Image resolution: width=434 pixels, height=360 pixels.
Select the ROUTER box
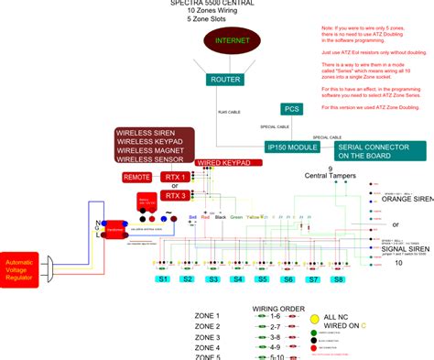pos(225,80)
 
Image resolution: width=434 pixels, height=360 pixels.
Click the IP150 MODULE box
pos(290,147)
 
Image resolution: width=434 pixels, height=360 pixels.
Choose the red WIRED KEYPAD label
pos(223,162)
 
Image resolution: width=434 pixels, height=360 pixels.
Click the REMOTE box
pos(137,177)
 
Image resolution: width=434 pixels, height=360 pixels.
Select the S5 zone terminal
pos(263,278)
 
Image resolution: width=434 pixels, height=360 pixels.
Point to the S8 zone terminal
pos(336,278)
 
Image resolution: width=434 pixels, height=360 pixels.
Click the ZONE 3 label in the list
pos(208,336)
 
